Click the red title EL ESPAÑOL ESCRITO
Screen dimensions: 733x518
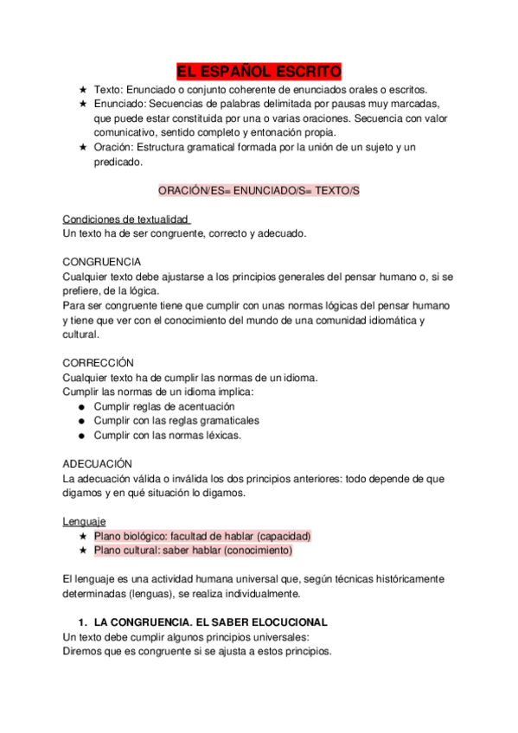[x=259, y=71]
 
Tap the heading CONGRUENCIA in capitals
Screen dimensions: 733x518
[x=103, y=261]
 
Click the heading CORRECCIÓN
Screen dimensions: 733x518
[x=99, y=362]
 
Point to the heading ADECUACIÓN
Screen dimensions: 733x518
[x=98, y=463]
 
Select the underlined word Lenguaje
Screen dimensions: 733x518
[x=84, y=521]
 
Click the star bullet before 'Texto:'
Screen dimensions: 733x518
[x=82, y=89]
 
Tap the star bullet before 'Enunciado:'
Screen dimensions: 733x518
[x=82, y=104]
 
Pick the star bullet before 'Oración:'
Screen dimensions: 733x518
[x=82, y=147]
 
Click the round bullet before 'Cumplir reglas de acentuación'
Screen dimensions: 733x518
[x=81, y=406]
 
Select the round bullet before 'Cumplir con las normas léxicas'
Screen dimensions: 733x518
[x=81, y=436]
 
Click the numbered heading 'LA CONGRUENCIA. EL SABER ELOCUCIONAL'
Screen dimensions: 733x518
[x=211, y=621]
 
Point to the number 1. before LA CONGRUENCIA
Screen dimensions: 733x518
[x=83, y=621]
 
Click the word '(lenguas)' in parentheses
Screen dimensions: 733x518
[x=163, y=594]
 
